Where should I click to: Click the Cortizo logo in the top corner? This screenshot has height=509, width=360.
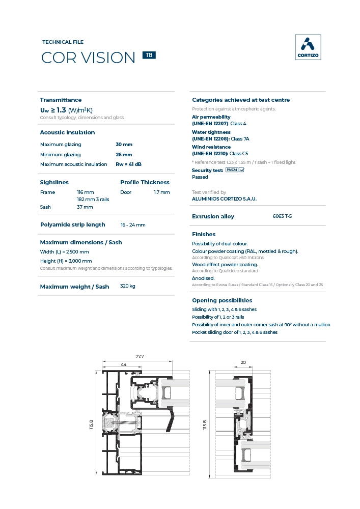(308, 47)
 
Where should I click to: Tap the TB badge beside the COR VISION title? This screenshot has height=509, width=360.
(149, 55)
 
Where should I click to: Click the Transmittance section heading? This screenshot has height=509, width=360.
(61, 100)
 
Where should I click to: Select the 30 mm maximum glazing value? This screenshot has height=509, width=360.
(124, 145)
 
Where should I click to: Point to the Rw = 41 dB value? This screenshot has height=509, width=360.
(128, 164)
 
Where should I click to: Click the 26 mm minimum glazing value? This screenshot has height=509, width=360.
(124, 155)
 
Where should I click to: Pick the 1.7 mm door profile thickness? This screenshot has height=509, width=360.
(161, 192)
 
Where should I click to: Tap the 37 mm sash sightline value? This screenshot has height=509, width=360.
(85, 207)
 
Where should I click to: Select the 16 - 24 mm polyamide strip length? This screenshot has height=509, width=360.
(133, 225)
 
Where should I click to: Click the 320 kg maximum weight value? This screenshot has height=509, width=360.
(128, 287)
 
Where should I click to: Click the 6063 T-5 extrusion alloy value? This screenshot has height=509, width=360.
(282, 216)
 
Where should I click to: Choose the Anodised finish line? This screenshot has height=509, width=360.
(203, 278)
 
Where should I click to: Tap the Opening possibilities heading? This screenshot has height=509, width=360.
(222, 300)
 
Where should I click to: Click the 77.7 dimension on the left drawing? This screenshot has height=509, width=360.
(140, 356)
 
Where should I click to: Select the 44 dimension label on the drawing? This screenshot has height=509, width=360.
(124, 365)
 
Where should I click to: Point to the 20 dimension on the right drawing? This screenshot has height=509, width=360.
(243, 362)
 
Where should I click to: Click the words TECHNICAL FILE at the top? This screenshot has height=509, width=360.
(63, 42)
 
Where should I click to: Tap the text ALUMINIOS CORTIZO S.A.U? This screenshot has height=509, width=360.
(224, 199)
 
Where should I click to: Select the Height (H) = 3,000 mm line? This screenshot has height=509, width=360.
(66, 261)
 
